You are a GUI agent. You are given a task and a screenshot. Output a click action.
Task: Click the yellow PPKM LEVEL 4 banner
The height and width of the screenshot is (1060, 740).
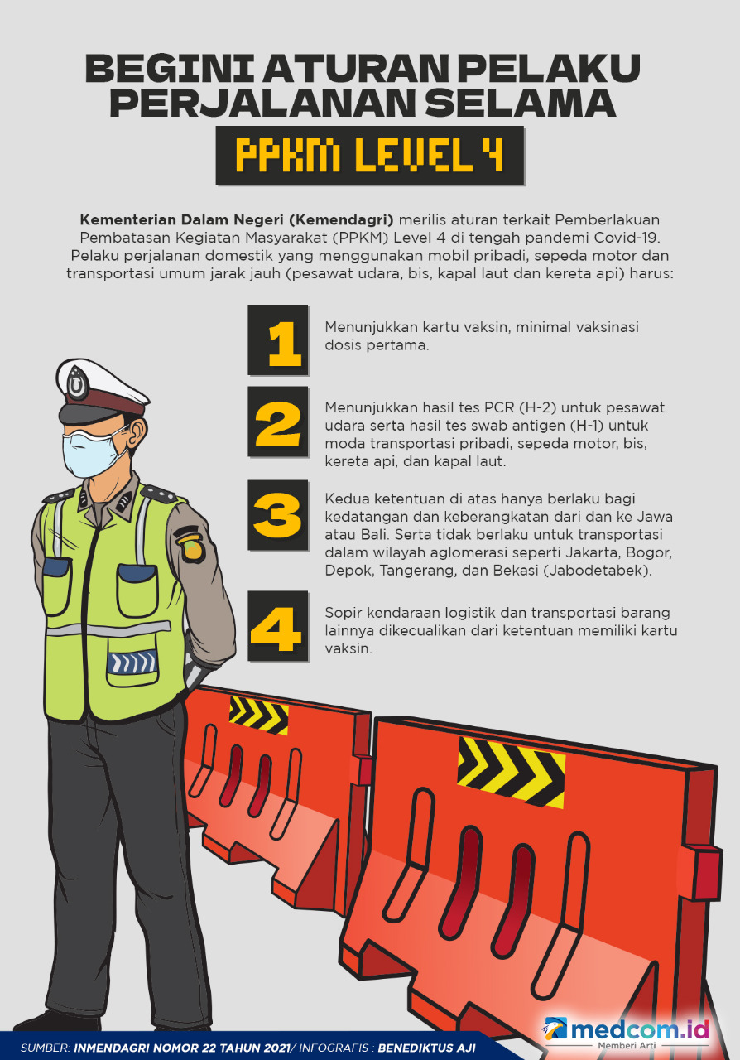click(x=370, y=155)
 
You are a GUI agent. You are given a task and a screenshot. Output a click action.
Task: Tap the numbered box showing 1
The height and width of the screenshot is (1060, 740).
click(x=279, y=340)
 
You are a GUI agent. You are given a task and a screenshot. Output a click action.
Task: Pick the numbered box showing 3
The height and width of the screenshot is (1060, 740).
click(x=279, y=516)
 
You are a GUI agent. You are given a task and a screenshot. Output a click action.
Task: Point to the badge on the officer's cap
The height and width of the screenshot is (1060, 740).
click(x=78, y=383)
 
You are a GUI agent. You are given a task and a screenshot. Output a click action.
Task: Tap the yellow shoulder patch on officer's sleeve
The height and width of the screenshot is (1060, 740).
click(x=191, y=546)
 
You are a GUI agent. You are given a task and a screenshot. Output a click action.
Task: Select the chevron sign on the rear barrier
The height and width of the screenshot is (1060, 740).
click(x=258, y=714)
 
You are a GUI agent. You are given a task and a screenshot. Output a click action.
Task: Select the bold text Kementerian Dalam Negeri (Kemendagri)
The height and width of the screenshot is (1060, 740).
click(x=237, y=219)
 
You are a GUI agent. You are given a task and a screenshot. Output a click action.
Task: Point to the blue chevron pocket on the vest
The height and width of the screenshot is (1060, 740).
click(x=132, y=662)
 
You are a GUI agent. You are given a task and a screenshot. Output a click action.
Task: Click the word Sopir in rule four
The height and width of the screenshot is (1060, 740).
click(x=343, y=613)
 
